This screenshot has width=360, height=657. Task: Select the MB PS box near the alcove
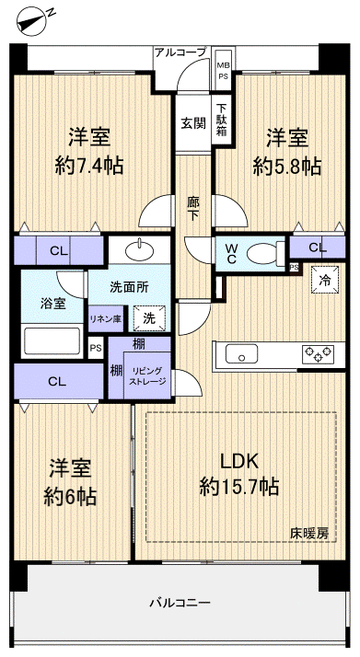(x=223, y=71)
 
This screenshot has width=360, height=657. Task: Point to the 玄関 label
(x=192, y=123)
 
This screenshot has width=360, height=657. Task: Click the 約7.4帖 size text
(x=90, y=166)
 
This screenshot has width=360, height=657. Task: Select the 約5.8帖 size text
(x=287, y=166)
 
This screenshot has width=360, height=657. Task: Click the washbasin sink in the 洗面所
(x=142, y=249)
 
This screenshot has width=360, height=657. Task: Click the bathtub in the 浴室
(x=52, y=340)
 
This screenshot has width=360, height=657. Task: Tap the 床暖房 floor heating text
(x=308, y=532)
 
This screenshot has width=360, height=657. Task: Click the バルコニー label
(x=180, y=603)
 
